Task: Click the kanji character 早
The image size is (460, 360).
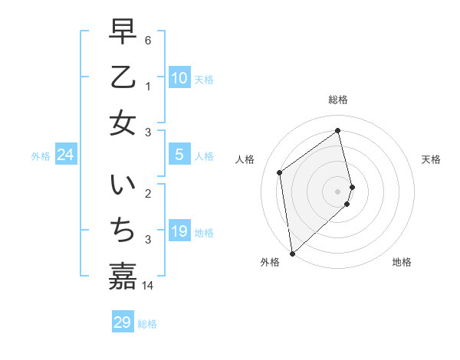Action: [x=123, y=31]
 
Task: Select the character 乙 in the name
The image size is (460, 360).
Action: [x=123, y=77]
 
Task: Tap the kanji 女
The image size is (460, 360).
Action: [x=123, y=122]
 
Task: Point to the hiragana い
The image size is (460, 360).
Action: [x=123, y=185]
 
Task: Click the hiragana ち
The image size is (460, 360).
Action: [x=123, y=231]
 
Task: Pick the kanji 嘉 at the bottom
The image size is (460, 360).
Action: [x=123, y=276]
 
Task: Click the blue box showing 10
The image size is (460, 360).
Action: [x=179, y=78]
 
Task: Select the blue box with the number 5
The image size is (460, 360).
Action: [x=179, y=155]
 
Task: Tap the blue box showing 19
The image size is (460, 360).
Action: [x=179, y=231]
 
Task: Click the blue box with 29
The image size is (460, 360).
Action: [x=123, y=322]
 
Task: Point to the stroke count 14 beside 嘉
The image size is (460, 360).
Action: [x=148, y=286]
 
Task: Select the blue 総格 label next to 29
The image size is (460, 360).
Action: [x=147, y=324]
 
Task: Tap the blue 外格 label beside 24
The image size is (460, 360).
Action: [x=41, y=156]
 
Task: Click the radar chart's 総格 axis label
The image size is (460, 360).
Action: [x=338, y=100]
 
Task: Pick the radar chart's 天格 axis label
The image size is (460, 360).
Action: [x=432, y=159]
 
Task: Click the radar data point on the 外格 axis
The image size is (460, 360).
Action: [x=292, y=253]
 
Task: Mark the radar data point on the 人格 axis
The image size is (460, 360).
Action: [x=280, y=172]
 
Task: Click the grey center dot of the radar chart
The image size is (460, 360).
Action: [x=338, y=191]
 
